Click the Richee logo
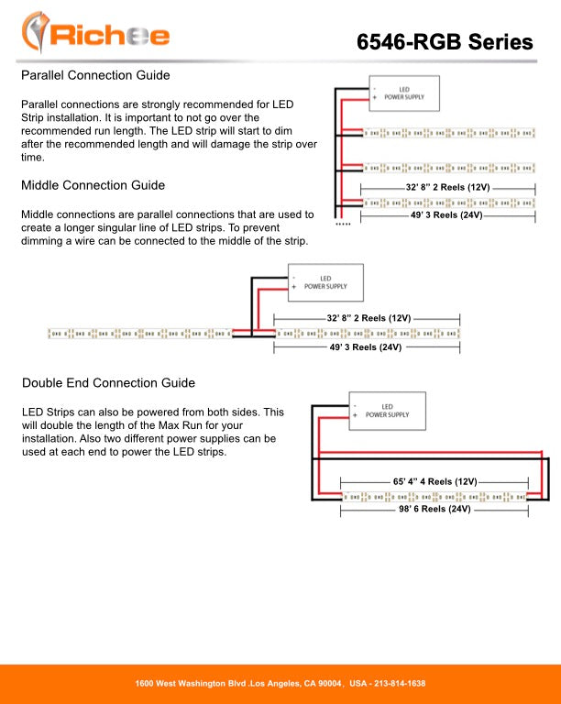pos(96,34)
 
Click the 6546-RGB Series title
pos(445,41)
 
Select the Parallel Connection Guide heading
pos(94,74)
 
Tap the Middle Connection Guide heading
pos(93,185)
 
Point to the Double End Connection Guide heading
pos(108,382)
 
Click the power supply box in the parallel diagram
pos(403,92)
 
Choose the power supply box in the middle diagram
pos(325,282)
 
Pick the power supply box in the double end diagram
pos(388,411)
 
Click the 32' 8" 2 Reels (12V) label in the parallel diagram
pos(447,187)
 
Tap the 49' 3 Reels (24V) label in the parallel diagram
pos(446,215)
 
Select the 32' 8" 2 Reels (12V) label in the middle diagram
pos(368,318)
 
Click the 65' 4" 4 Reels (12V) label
pos(435,481)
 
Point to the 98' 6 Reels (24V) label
pos(434,510)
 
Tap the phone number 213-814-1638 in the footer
pos(388,684)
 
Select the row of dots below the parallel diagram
pos(343,224)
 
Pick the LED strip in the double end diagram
pos(435,496)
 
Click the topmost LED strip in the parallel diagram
pos(449,134)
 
